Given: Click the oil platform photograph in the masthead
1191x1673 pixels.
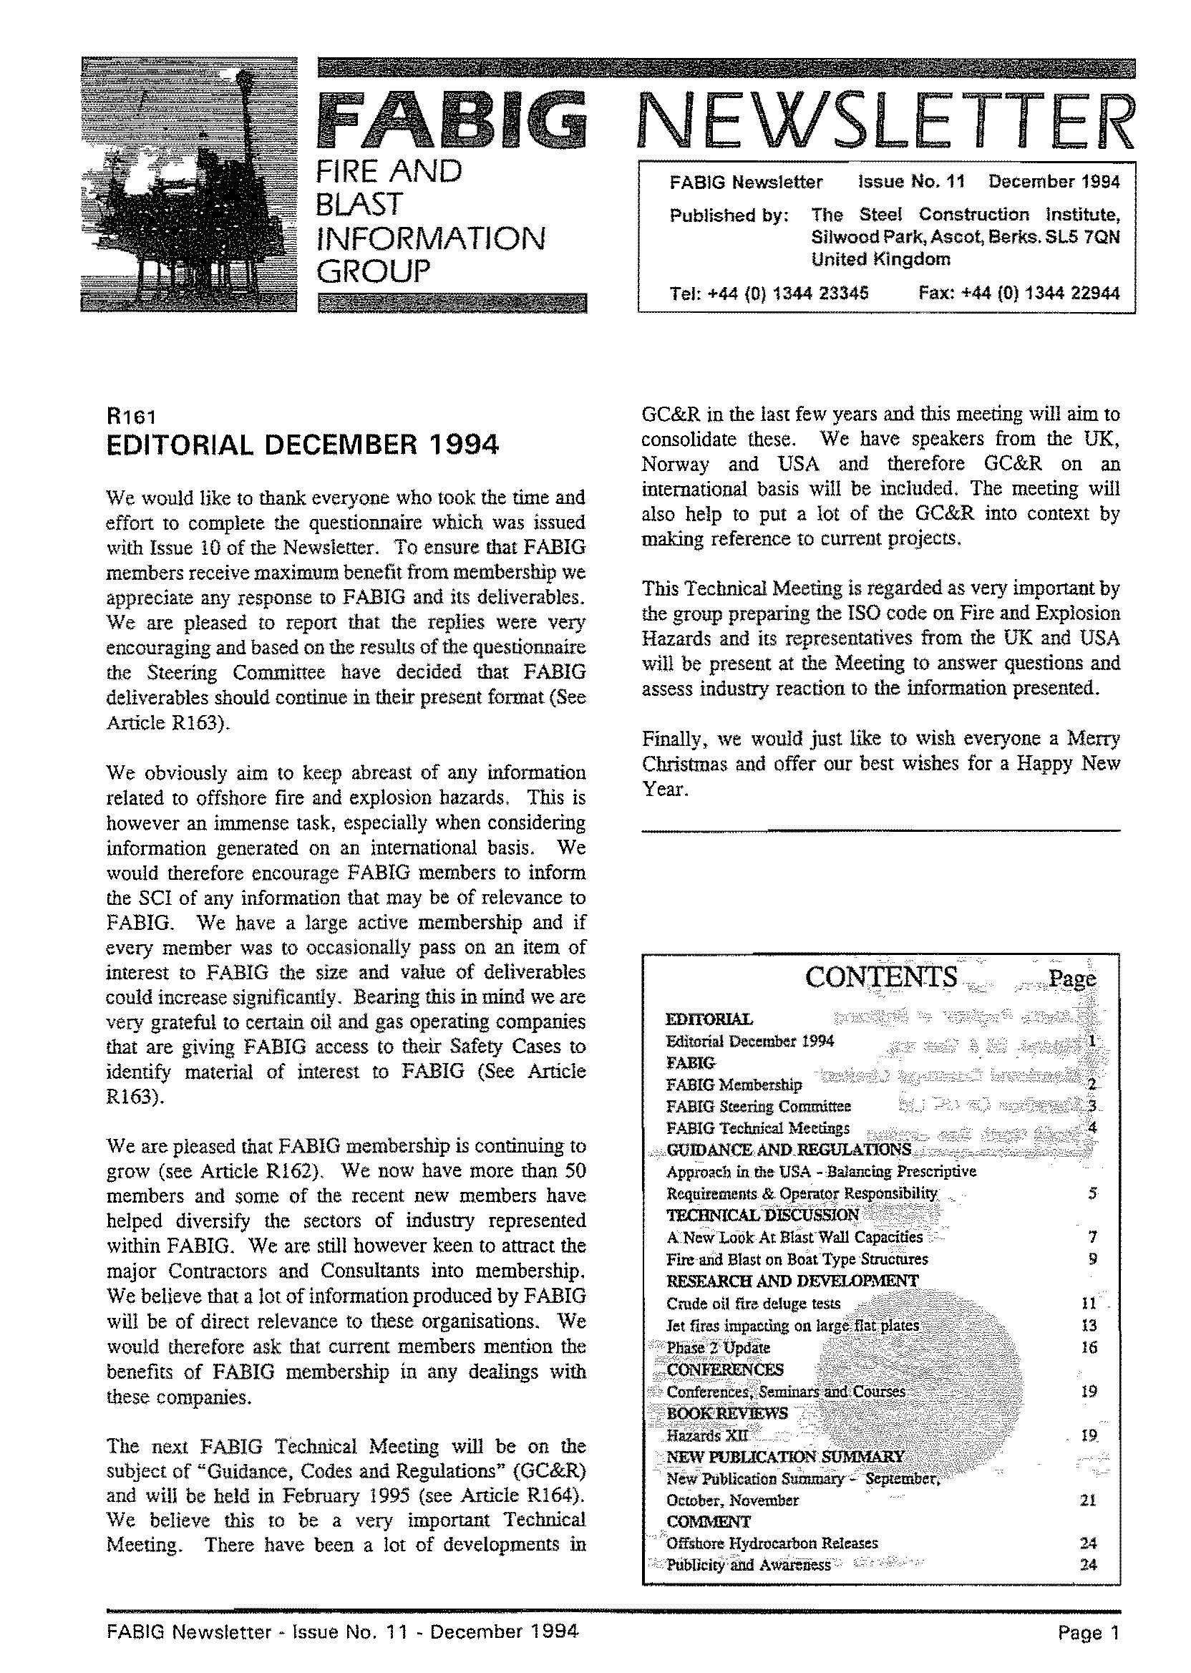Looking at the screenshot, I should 188,184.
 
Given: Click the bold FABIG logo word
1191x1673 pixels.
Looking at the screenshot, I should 452,119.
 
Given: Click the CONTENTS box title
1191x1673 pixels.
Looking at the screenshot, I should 881,977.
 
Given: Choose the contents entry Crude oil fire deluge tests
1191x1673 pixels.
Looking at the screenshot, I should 753,1304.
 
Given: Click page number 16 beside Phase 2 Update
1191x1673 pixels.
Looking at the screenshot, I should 1089,1347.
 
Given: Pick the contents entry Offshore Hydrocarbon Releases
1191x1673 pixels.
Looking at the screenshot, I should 772,1543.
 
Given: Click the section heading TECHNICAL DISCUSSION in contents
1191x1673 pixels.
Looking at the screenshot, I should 762,1215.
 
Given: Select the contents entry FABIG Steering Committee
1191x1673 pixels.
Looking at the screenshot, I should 758,1106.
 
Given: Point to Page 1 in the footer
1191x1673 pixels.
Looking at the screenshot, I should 1089,1633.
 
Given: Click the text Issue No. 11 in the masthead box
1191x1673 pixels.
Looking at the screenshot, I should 912,181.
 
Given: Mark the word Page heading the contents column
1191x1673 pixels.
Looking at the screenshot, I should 1072,979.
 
